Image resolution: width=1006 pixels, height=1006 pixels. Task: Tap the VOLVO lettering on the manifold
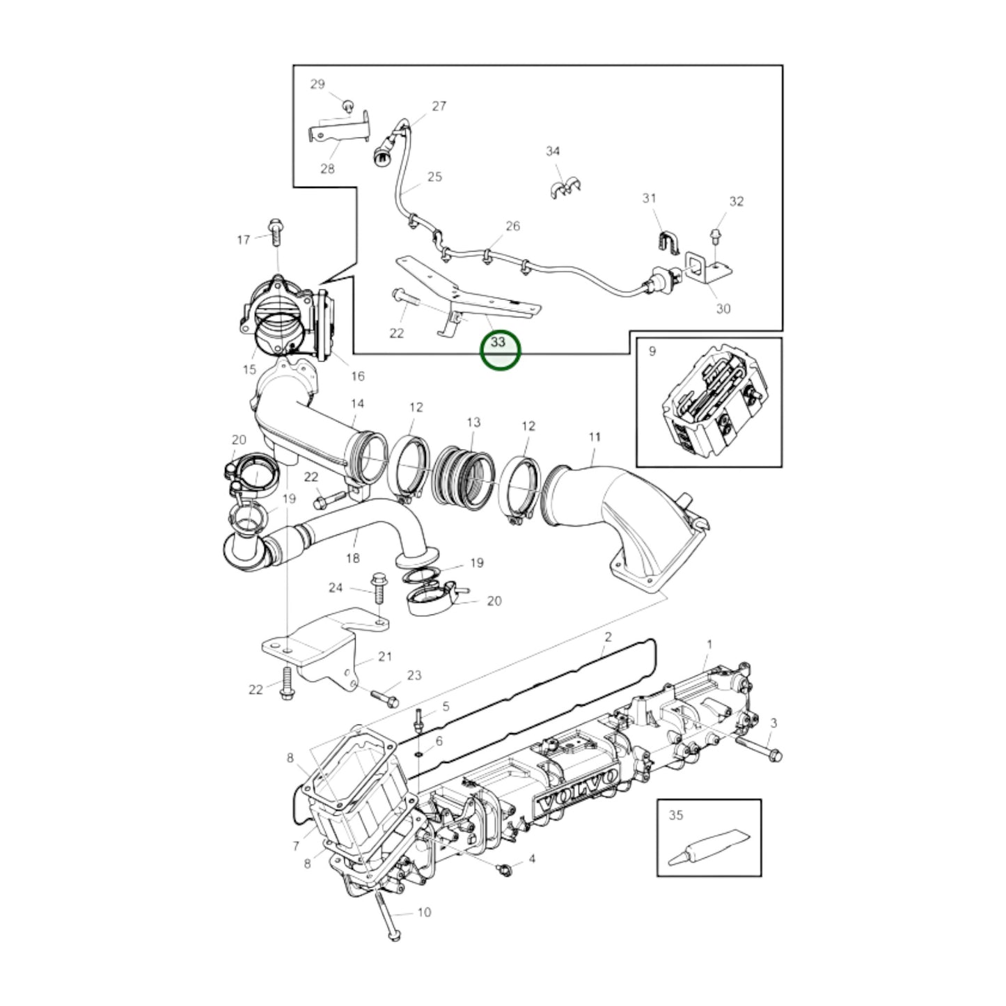pos(579,797)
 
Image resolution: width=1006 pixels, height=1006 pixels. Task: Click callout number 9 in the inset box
pos(652,352)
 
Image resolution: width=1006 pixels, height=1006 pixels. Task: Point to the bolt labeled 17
pos(274,233)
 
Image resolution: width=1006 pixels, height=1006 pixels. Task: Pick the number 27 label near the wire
pos(439,106)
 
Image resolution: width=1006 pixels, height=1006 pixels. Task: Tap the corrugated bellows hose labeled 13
pos(462,477)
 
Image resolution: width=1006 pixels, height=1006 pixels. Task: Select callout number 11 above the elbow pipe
pos(595,437)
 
